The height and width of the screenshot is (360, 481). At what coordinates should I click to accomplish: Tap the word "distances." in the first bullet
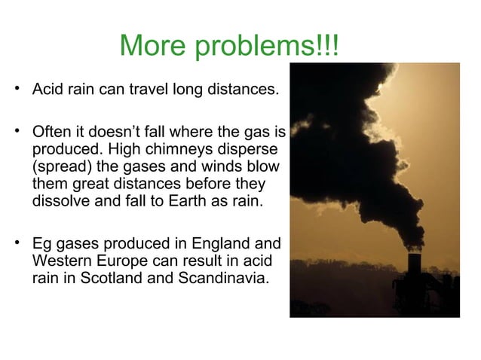(242, 91)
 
